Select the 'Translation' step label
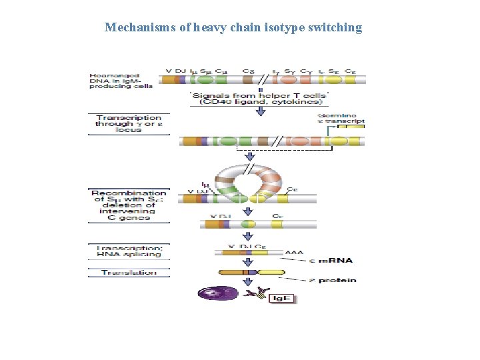(129, 272)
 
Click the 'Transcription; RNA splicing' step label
(129, 251)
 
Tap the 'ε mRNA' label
(335, 261)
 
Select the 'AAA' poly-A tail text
(293, 253)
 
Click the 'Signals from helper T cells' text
(259, 99)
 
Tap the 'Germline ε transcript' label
(341, 118)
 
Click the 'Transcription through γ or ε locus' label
(128, 124)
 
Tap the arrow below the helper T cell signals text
(260, 110)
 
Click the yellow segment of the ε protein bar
(271, 273)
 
